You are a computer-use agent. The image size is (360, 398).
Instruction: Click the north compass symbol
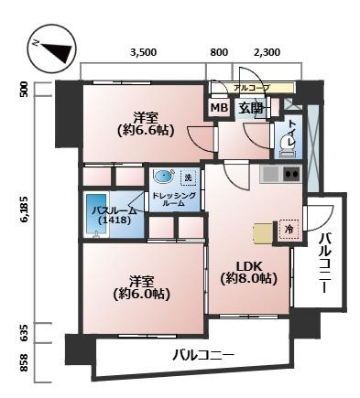click(52, 49)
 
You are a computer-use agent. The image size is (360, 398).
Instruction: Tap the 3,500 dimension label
click(143, 52)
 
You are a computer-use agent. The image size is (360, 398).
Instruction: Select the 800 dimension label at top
click(219, 52)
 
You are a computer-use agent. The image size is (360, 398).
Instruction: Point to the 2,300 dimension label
click(267, 52)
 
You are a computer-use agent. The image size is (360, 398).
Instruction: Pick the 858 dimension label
click(24, 362)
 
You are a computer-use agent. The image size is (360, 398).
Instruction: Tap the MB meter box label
click(219, 108)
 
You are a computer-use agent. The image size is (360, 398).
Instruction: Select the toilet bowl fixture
click(287, 145)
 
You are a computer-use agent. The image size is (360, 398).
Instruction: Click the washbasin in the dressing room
click(164, 177)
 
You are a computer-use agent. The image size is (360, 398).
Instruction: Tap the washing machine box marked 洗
click(189, 177)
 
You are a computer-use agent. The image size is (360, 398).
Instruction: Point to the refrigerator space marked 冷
click(289, 229)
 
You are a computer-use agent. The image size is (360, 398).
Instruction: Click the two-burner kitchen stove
click(291, 175)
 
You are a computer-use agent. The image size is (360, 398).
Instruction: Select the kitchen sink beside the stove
click(271, 175)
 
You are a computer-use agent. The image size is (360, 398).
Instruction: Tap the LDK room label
click(249, 267)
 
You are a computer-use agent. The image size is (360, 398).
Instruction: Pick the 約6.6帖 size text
click(146, 130)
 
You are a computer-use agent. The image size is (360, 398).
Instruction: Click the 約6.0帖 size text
click(141, 294)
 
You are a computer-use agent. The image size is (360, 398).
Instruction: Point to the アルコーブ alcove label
click(252, 88)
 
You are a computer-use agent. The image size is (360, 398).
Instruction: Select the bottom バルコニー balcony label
click(204, 355)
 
